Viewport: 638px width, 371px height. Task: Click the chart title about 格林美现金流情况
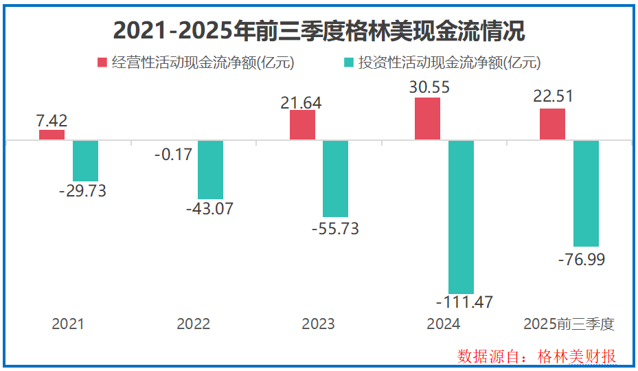click(x=319, y=31)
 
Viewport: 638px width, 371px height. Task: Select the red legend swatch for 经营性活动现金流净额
click(x=102, y=63)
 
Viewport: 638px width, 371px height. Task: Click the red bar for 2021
click(x=52, y=135)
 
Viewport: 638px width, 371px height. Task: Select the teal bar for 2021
click(x=86, y=161)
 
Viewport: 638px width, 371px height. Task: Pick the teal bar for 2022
click(x=210, y=170)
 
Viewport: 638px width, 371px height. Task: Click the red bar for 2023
click(x=302, y=124)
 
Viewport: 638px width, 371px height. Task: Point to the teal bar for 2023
click(x=336, y=179)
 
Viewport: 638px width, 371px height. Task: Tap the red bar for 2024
click(x=427, y=119)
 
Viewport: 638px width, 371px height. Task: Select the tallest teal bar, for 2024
click(x=461, y=217)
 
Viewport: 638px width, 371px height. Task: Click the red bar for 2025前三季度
click(x=552, y=124)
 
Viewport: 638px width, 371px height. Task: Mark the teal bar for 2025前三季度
click(x=586, y=193)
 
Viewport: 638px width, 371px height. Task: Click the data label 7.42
click(x=52, y=121)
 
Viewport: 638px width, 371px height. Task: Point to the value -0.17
click(x=173, y=155)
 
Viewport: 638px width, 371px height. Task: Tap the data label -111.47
click(x=464, y=302)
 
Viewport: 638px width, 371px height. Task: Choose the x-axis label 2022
click(x=193, y=324)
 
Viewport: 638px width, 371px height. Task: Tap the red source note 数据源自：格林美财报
click(x=537, y=356)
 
